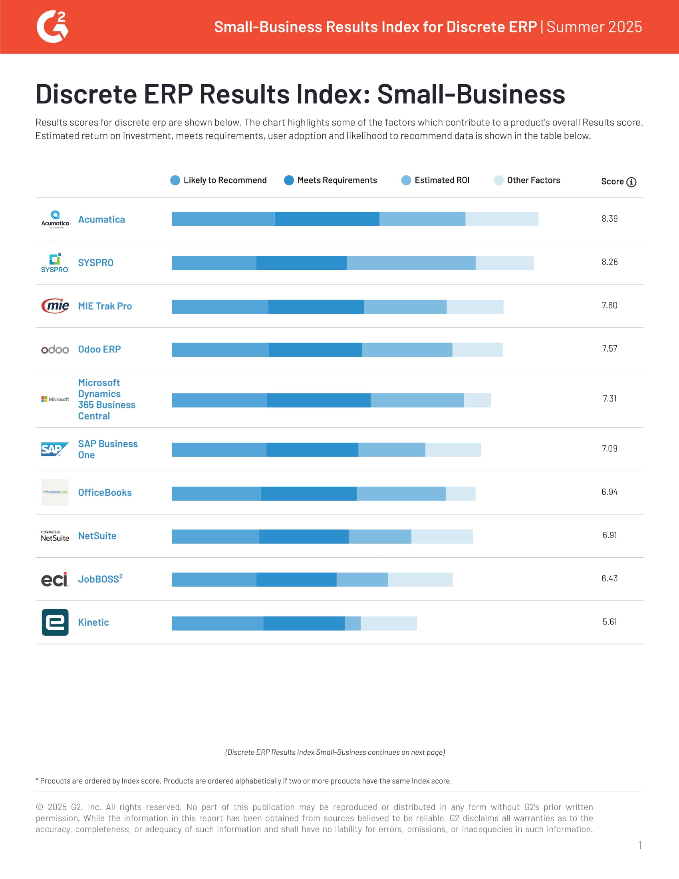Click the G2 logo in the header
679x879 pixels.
coord(52,27)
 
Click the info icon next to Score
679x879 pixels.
coord(631,182)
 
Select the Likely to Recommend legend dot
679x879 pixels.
coord(175,180)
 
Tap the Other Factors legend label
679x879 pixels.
coord(533,180)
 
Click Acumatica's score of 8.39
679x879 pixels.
coord(610,219)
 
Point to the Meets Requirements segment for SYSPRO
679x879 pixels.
coord(301,263)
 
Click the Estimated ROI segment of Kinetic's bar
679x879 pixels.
coord(352,623)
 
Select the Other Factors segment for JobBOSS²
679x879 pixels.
coord(420,580)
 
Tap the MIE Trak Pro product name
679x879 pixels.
coord(105,306)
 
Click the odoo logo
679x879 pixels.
coord(55,349)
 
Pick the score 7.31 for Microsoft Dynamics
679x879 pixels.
coord(610,398)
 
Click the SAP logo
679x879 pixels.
coord(54,449)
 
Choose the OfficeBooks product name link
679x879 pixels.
coord(105,493)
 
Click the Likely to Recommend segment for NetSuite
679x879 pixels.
coord(215,537)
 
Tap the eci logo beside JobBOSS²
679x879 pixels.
coord(55,580)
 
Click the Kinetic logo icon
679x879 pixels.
coord(55,622)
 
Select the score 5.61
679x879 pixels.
coord(610,622)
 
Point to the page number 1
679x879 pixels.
coord(639,845)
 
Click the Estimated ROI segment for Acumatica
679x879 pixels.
coord(422,219)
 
